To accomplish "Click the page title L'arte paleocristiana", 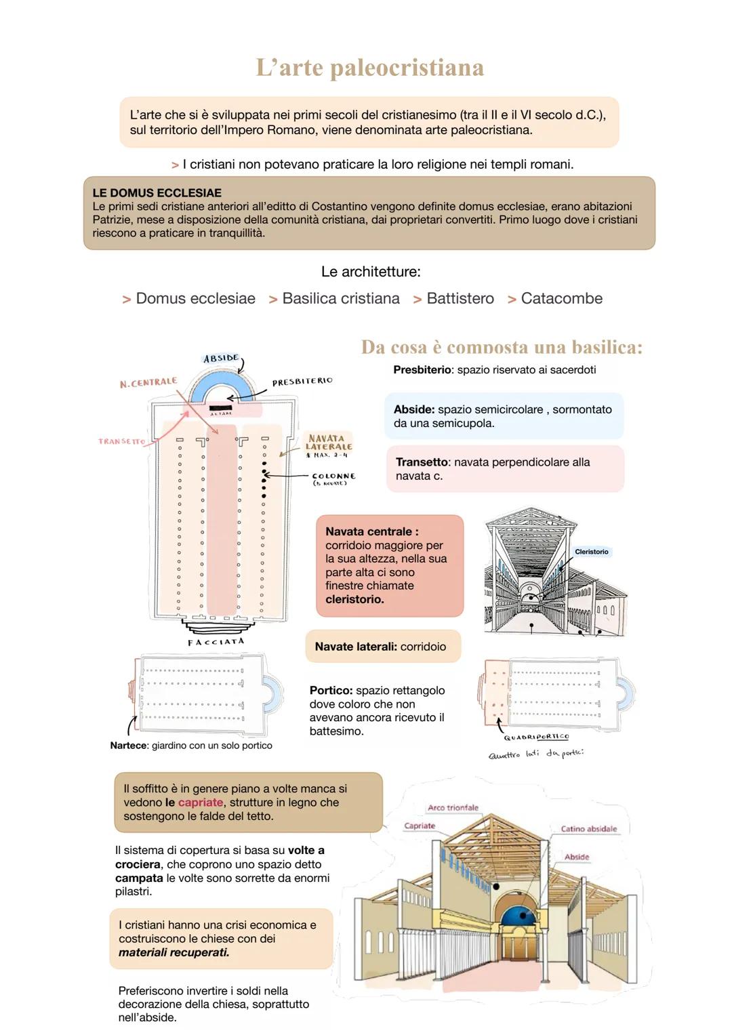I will coord(369,68).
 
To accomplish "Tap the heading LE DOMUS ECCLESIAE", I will coord(157,193).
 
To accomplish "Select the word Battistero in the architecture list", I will coord(460,298).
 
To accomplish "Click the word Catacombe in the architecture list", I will coord(561,298).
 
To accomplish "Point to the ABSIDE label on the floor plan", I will coord(221,358).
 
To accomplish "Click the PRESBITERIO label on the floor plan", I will coord(302,382).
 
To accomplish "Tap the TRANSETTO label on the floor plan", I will coord(122,441).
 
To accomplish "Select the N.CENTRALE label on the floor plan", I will coord(148,383).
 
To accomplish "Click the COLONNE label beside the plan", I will coord(333,476).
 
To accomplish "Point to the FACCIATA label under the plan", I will coord(216,641).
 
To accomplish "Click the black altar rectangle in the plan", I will coord(220,407).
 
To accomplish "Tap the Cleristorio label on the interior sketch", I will coord(591,552).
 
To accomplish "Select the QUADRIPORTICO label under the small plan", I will coord(536,737).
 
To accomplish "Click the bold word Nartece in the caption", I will coord(128,746).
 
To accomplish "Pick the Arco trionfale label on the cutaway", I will coord(453,807).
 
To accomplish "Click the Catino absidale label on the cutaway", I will coord(588,828).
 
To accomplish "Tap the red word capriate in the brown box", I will coord(201,803).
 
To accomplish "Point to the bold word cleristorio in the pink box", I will coord(354,599).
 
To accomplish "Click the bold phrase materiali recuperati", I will coord(174,952).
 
